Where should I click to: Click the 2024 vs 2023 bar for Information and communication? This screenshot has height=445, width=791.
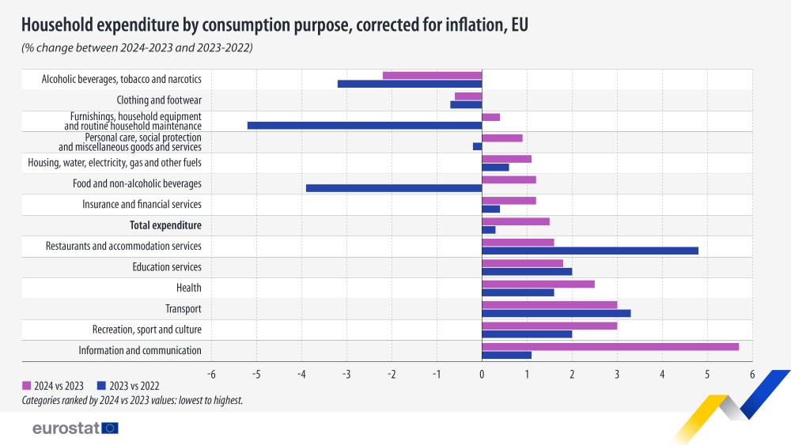610,346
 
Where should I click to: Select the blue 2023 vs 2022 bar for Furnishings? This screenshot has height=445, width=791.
365,125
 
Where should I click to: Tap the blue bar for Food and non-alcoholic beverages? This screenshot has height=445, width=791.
394,188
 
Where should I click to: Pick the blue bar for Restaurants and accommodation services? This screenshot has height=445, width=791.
590,251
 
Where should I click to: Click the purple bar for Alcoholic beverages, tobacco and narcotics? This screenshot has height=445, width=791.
432,75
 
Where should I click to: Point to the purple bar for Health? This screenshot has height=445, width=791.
538,284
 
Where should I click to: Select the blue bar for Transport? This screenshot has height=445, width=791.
556,313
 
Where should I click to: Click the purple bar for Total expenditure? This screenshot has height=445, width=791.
516,221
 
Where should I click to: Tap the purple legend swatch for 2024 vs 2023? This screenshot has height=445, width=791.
27,387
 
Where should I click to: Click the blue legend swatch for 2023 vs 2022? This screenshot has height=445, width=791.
101,387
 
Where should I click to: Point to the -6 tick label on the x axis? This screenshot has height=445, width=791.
210,374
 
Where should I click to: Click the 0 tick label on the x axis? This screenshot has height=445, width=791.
482,374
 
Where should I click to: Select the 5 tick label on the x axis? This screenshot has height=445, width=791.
707,374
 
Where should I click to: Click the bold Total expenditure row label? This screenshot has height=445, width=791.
165,226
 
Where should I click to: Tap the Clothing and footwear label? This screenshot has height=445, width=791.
159,100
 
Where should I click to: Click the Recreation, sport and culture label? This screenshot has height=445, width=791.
147,330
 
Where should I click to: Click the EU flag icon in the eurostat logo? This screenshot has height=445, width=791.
110,428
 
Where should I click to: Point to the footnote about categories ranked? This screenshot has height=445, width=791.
132,401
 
